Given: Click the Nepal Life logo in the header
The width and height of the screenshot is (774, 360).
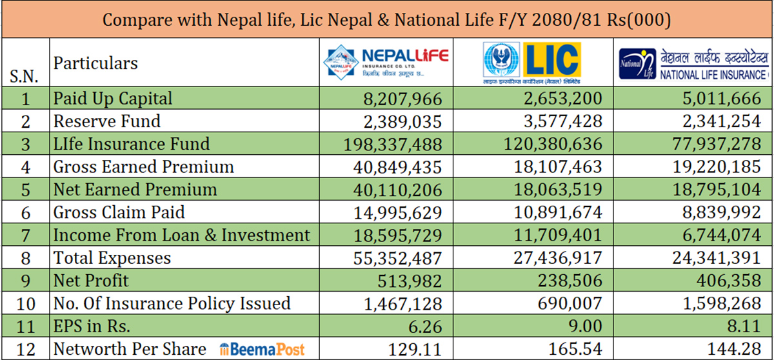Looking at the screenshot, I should tap(386, 63).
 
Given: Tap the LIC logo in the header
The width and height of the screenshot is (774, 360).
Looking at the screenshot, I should tap(531, 63).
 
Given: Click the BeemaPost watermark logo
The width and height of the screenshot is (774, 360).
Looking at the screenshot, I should tap(262, 349).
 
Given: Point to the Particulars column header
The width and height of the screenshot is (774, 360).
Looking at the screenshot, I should tap(95, 63).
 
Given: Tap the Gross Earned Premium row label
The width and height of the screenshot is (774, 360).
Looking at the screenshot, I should tap(143, 167).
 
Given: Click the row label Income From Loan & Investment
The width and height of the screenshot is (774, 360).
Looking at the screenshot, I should tap(181, 235).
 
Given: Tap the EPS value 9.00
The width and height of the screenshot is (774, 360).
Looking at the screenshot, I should tap(586, 326).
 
